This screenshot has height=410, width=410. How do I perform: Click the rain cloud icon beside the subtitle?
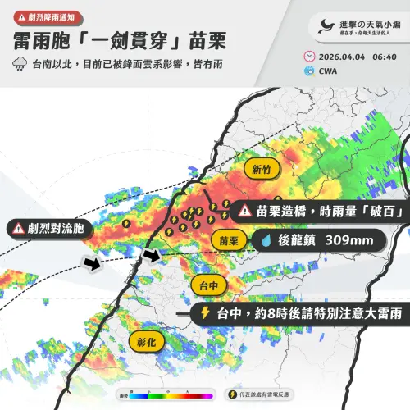[19, 63]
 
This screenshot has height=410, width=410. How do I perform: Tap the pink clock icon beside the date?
[308, 56]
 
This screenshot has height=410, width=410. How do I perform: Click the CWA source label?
[329, 71]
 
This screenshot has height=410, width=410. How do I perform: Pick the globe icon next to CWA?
[308, 71]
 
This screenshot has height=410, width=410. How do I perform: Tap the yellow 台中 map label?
[209, 285]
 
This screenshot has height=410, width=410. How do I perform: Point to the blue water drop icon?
[266, 241]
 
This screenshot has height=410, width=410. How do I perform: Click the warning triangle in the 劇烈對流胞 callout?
[18, 228]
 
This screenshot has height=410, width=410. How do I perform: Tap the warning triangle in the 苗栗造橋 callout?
[244, 211]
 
